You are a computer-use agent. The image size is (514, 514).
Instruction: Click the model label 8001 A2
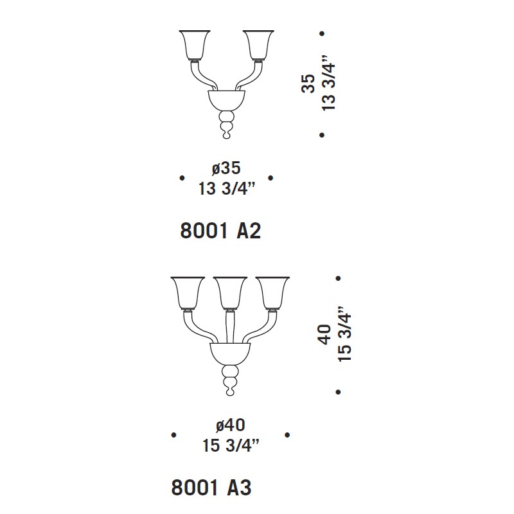click(220, 231)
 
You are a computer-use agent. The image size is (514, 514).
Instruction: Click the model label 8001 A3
click(211, 488)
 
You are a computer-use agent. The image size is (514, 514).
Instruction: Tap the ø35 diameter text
click(226, 168)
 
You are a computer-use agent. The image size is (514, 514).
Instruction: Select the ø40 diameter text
click(231, 425)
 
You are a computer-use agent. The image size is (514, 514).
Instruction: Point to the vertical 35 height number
click(308, 84)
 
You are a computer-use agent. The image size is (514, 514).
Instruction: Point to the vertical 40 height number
click(325, 334)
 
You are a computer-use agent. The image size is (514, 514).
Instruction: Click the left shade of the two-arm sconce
click(195, 45)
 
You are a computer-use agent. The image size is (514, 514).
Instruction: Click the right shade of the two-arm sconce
click(258, 45)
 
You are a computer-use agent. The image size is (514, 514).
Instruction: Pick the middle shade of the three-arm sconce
click(230, 293)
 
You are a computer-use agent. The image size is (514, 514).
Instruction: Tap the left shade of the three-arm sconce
click(188, 293)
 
